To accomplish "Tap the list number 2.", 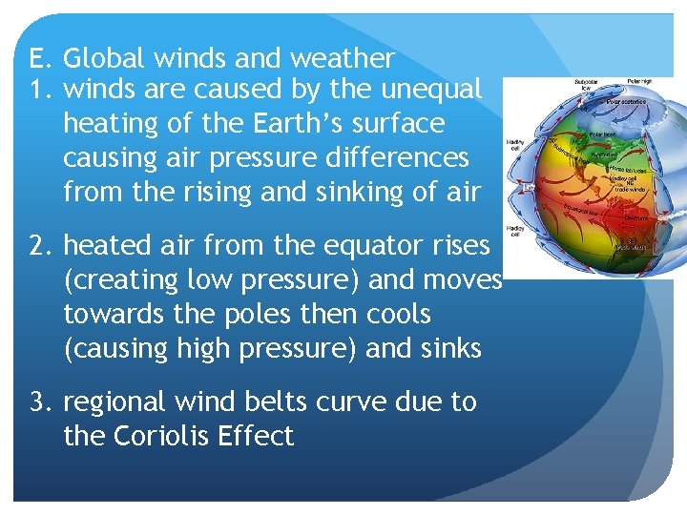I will click(39, 246).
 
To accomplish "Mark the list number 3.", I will click(39, 402).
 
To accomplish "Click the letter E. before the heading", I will click(39, 59).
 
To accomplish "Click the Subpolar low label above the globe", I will click(586, 84).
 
